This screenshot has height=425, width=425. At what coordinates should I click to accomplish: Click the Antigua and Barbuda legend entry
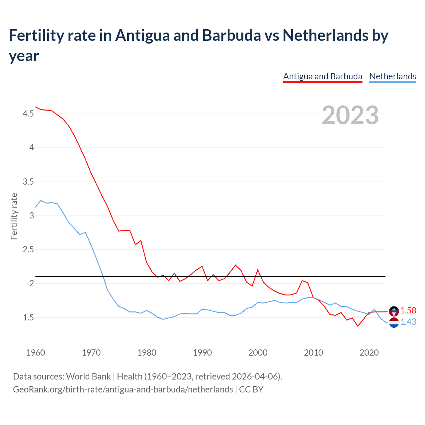click(322, 76)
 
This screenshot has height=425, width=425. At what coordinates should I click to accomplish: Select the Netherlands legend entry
click(392, 76)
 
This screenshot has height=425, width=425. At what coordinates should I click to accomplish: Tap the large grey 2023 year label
click(350, 115)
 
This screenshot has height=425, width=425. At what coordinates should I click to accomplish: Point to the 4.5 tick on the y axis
click(28, 114)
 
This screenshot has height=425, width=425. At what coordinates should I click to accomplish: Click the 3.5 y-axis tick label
click(28, 182)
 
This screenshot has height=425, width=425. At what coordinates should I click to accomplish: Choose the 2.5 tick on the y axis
click(28, 249)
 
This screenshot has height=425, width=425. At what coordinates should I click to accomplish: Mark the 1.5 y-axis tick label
click(28, 317)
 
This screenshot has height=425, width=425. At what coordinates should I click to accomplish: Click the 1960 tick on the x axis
click(36, 353)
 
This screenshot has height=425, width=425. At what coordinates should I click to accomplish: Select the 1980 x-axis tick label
click(147, 353)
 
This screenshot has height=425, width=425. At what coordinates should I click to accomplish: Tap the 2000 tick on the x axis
click(258, 353)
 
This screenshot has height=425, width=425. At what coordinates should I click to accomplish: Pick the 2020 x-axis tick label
click(369, 353)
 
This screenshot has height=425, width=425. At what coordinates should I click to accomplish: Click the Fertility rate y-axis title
click(14, 216)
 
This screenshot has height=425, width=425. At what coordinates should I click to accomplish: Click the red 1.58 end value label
click(408, 310)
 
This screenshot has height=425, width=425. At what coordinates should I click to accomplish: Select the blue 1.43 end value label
click(408, 322)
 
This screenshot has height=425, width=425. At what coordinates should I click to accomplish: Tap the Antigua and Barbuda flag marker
click(394, 311)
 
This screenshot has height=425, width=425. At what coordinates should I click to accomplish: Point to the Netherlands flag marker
click(394, 322)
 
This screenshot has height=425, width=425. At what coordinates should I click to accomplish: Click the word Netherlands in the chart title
click(325, 35)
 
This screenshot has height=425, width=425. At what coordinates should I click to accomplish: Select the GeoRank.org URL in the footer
click(123, 389)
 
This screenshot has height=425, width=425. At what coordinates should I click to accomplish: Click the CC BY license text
click(251, 389)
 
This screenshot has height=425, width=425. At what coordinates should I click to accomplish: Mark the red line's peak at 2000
click(258, 270)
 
